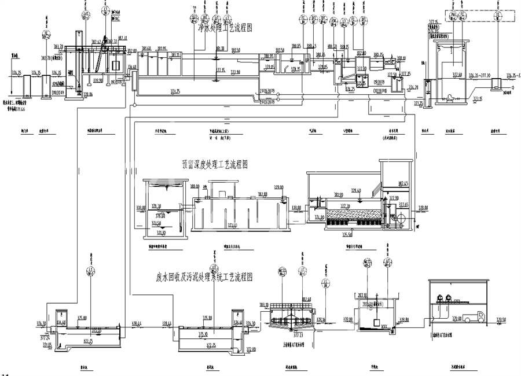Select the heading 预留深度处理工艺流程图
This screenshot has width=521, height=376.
click(215, 165)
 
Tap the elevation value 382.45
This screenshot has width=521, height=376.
click(403, 184)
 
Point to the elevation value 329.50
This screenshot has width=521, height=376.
click(501, 320)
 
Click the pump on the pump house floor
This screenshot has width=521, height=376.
click(449, 98)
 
